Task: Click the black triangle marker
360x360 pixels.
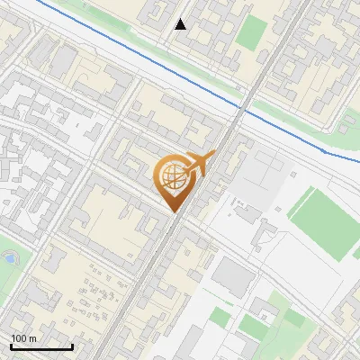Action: [181, 24]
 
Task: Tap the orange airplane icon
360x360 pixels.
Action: [199, 163]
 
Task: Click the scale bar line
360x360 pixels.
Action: [41, 346]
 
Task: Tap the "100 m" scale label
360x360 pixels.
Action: [24, 338]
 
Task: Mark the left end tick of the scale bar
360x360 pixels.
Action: [11, 345]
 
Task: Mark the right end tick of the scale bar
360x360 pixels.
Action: [72, 345]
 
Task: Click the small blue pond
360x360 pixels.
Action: [9, 258]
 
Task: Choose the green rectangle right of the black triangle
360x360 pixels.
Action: [251, 33]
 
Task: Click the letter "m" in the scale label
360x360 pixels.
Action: [32, 338]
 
